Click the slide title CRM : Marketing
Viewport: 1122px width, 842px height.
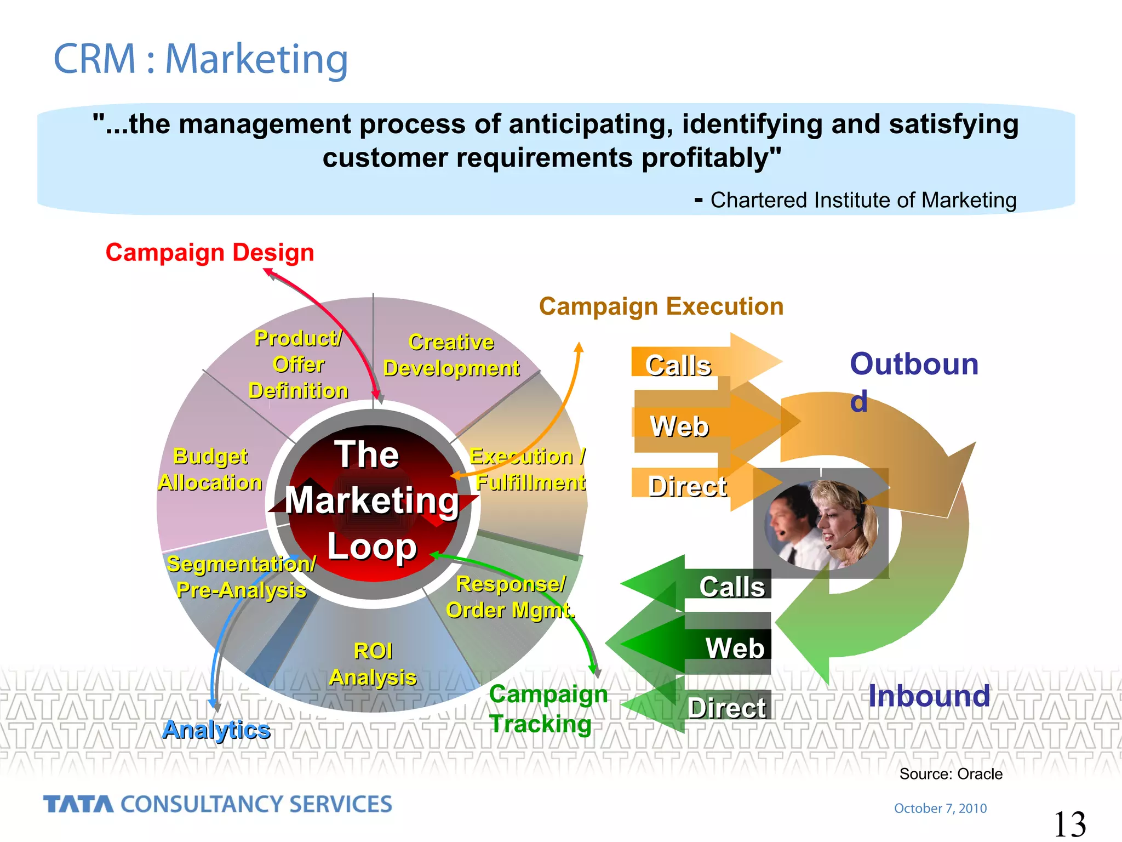(201, 59)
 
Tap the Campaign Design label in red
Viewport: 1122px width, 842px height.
(210, 253)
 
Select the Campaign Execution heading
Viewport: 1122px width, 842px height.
(661, 306)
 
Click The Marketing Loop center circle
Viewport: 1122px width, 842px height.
(373, 502)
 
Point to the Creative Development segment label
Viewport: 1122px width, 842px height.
(451, 355)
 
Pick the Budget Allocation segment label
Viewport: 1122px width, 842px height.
(210, 470)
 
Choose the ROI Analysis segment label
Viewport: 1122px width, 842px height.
(373, 664)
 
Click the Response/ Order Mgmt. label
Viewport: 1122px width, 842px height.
(511, 598)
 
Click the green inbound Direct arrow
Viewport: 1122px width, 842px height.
(712, 707)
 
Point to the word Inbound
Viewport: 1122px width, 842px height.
(929, 696)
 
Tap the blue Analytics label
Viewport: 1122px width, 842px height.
(216, 730)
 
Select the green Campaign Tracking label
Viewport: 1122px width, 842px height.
(548, 709)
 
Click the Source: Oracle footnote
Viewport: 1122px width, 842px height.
(951, 774)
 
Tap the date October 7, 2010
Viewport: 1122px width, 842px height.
(940, 808)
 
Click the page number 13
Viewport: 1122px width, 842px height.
(1069, 824)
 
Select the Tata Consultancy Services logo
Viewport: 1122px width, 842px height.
(217, 804)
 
